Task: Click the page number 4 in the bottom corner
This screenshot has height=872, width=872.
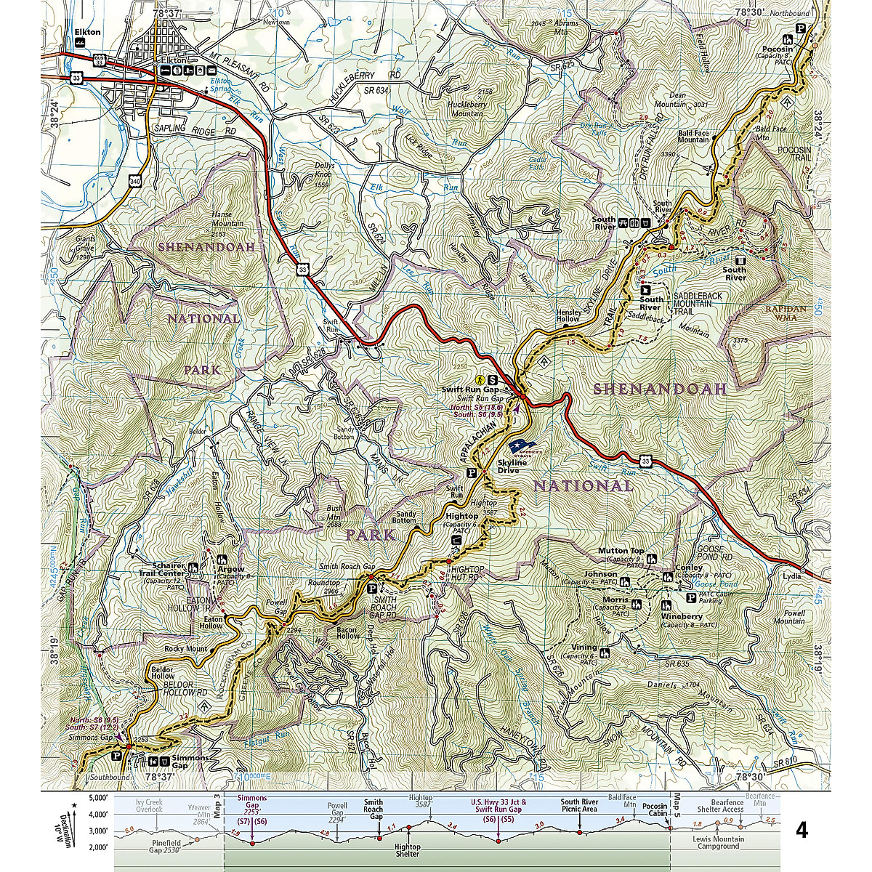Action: [802, 830]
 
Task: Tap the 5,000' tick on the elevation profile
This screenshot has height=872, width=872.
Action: [98, 797]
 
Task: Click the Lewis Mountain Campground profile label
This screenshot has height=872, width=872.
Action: [719, 842]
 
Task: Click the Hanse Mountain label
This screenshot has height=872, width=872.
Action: [227, 219]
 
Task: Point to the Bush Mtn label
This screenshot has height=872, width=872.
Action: [334, 512]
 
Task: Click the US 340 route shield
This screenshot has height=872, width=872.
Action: [135, 179]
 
